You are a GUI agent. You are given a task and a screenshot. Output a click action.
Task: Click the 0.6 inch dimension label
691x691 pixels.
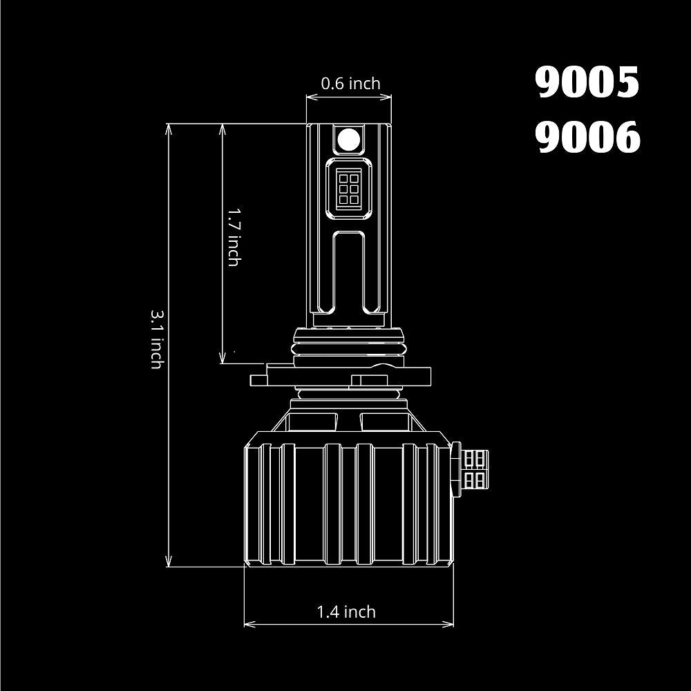tap(350, 84)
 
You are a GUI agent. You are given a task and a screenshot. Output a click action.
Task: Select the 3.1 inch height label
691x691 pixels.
tap(156, 338)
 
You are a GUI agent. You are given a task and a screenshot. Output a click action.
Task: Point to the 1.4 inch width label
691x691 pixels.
tap(346, 612)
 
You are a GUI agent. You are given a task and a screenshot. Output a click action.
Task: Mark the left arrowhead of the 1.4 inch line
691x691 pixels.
tap(247, 625)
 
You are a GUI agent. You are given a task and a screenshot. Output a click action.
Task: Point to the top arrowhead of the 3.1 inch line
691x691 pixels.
tap(169, 127)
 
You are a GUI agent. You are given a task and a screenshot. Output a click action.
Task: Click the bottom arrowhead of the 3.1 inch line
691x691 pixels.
tap(169, 564)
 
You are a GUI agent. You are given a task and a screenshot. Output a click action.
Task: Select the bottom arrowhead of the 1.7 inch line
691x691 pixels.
tap(223, 360)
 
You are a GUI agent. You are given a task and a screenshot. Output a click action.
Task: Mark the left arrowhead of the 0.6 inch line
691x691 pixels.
tap(310, 97)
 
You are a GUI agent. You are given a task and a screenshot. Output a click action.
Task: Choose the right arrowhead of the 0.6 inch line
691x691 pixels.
tap(389, 97)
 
